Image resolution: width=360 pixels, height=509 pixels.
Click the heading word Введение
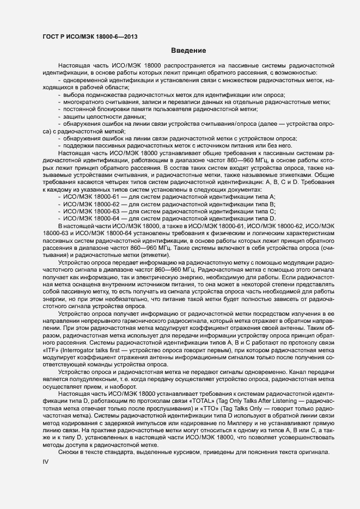(x=188, y=51)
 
